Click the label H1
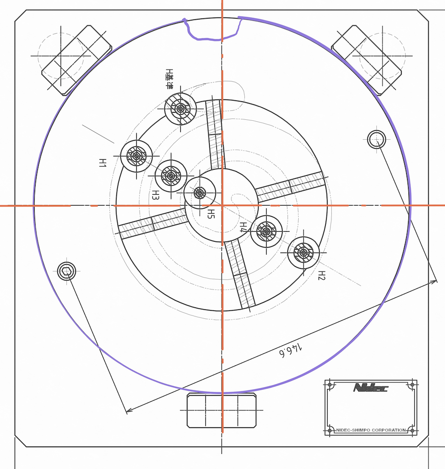click(x=102, y=163)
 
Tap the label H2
click(x=321, y=275)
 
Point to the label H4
click(x=243, y=227)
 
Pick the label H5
click(x=212, y=214)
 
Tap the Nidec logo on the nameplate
click(x=370, y=388)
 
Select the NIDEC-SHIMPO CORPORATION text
click(x=371, y=430)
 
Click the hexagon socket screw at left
click(x=66, y=271)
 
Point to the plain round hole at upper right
click(x=377, y=139)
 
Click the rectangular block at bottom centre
click(x=222, y=410)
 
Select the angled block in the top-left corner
click(x=77, y=60)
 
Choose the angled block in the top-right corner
click(x=366, y=60)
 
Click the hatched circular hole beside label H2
click(x=303, y=253)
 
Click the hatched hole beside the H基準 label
click(x=180, y=109)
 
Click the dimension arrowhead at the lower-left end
click(x=127, y=411)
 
